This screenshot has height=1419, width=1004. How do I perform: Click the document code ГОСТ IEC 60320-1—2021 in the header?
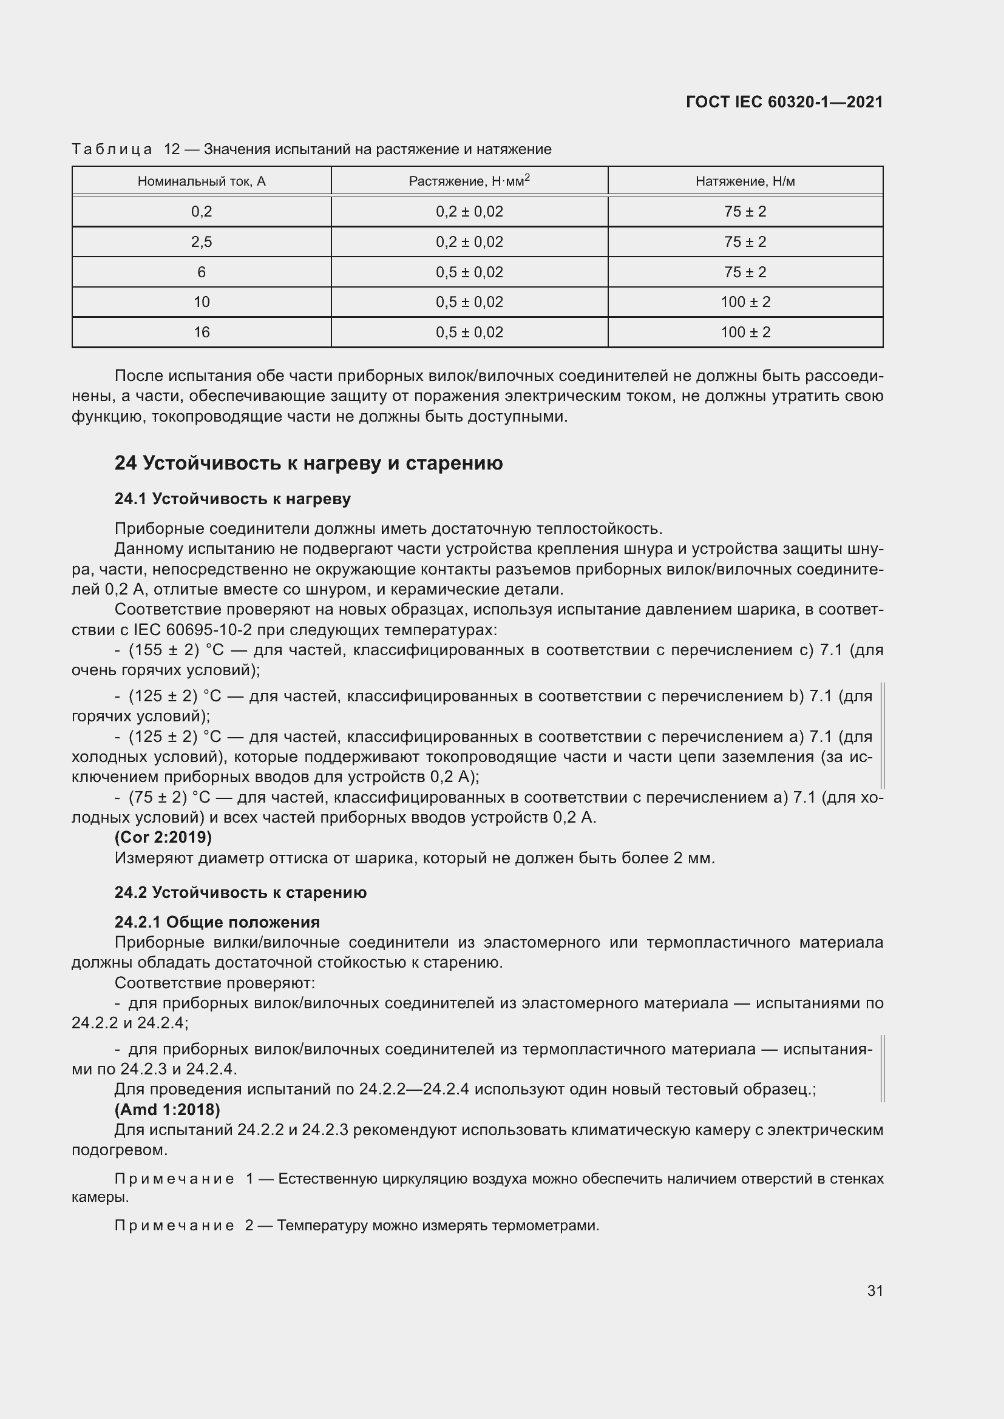[784, 102]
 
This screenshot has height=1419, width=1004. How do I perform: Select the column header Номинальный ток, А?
[202, 181]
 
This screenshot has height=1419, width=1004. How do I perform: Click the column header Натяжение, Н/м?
[745, 181]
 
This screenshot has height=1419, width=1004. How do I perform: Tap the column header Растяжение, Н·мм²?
[469, 181]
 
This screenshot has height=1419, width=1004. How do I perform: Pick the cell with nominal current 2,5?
[202, 241]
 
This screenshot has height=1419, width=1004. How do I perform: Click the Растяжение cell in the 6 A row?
[469, 272]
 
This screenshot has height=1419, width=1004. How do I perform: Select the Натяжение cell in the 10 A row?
[745, 302]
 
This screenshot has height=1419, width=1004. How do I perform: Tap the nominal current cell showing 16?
[202, 332]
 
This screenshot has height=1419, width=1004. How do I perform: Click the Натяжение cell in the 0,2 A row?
[745, 211]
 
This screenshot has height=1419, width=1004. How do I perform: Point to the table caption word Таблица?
[112, 149]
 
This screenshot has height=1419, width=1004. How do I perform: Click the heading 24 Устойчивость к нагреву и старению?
[308, 463]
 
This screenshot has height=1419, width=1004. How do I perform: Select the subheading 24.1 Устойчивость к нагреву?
[232, 499]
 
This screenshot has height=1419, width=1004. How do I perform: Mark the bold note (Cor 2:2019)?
[163, 837]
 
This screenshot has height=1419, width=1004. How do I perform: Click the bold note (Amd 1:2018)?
[167, 1110]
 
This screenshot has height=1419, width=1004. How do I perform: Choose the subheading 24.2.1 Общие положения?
[217, 922]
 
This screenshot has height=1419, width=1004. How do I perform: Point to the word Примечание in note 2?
[174, 1225]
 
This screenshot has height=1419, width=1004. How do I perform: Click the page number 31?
[875, 1290]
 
